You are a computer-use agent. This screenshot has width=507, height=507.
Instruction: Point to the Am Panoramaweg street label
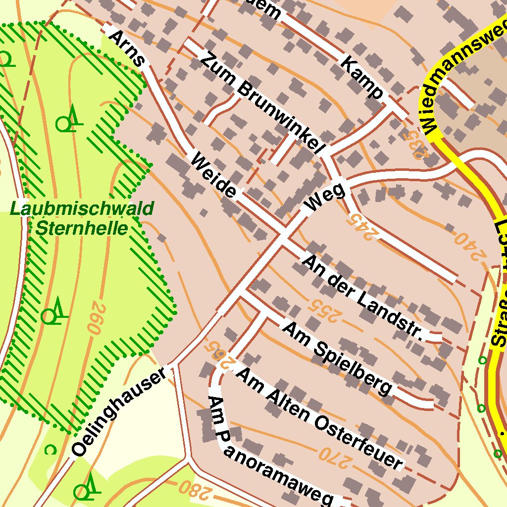click(267, 451)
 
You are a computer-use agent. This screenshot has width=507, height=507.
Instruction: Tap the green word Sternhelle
click(82, 228)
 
